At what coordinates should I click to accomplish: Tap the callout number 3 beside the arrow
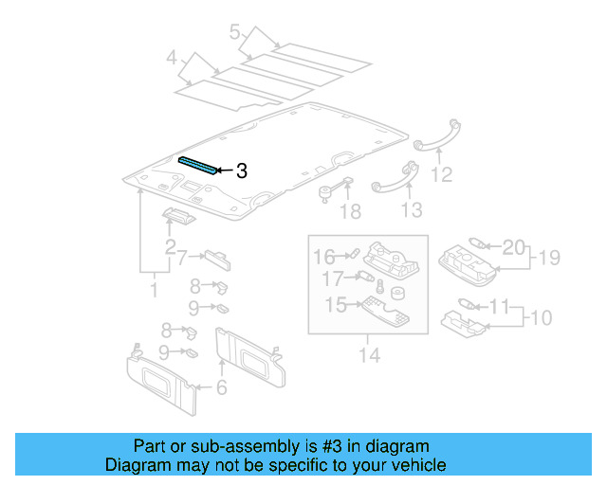tap(241, 171)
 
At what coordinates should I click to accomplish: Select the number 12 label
tap(441, 175)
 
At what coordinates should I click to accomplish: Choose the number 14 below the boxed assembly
tap(369, 356)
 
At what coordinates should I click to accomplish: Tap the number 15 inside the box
tap(336, 305)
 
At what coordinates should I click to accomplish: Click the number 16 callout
tap(324, 256)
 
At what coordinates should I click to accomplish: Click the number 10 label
tap(540, 315)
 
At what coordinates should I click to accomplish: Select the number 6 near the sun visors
tap(221, 386)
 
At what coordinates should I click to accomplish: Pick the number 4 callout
tap(172, 61)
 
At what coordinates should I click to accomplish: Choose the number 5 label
tap(234, 33)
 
